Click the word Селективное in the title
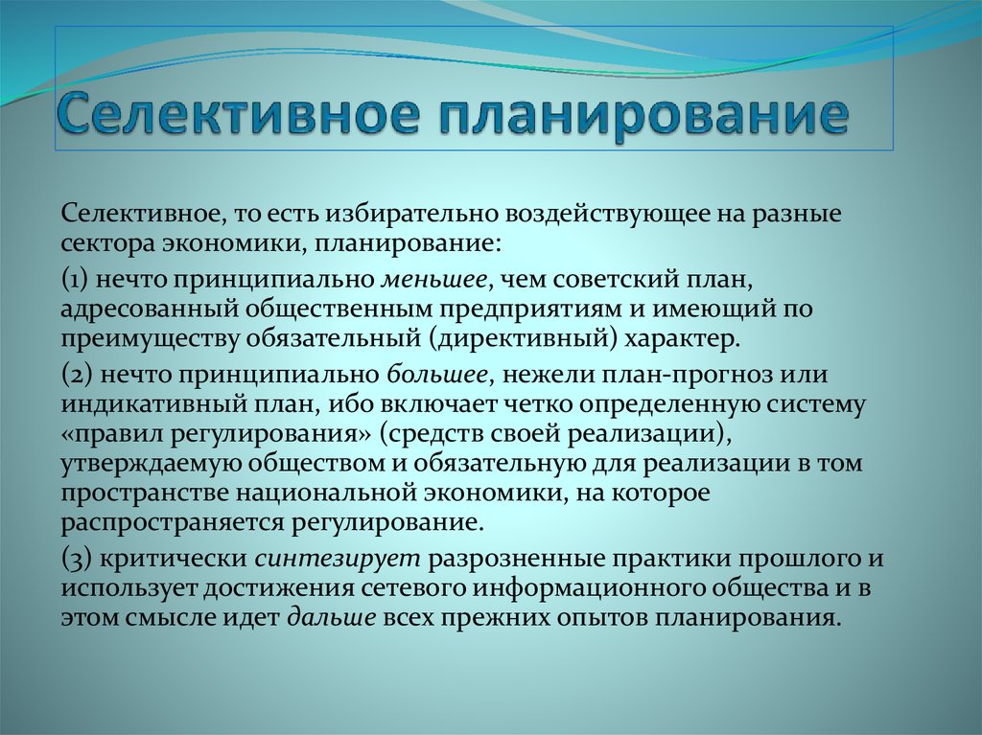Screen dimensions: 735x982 click(x=236, y=114)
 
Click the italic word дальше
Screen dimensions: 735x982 click(x=324, y=618)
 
